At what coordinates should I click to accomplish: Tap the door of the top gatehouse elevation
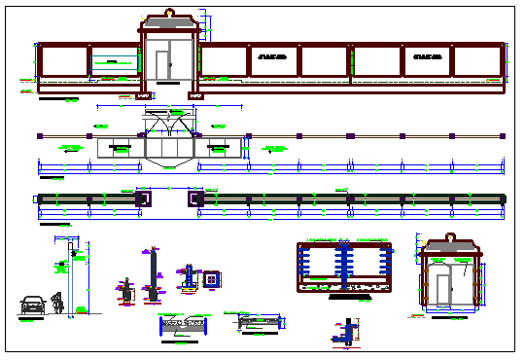(162, 66)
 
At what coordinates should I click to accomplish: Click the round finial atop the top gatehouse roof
(170, 13)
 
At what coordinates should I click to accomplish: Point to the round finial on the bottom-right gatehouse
(451, 236)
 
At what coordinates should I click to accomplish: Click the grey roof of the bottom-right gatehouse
(451, 249)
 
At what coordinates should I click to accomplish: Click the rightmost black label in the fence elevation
(428, 57)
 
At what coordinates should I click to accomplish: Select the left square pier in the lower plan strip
(144, 198)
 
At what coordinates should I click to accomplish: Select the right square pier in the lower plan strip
(194, 198)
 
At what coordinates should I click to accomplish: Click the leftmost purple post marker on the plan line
(38, 135)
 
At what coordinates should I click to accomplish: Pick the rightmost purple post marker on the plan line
(503, 135)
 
